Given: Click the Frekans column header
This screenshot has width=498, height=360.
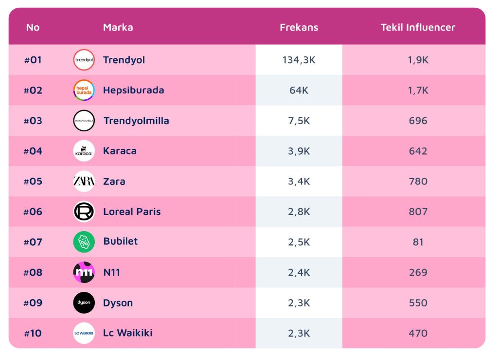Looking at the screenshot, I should [x=299, y=27].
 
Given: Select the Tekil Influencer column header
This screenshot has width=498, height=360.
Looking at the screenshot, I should [x=418, y=27].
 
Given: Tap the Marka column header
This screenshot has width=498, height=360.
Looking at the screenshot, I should [x=118, y=27].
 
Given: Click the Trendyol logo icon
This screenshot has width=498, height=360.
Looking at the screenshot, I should [x=84, y=60].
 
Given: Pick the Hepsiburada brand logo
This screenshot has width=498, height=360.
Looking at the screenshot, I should [x=84, y=90].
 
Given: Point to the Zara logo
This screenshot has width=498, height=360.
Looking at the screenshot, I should [x=84, y=181].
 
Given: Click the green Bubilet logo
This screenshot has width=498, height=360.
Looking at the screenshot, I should [x=84, y=242].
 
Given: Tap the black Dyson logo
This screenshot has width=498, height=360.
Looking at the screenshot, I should [x=84, y=303].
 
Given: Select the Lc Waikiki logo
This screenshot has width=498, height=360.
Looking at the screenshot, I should [x=84, y=333].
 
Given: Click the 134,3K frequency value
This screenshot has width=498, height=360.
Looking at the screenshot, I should [x=299, y=60].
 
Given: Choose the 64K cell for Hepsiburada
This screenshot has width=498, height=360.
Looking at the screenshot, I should [x=299, y=90].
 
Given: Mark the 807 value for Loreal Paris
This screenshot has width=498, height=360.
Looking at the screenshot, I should [x=418, y=212].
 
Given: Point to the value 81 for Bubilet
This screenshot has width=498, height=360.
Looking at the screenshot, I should [x=418, y=242].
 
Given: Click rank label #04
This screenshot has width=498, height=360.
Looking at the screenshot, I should [x=33, y=151].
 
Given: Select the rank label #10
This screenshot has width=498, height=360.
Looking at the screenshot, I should [x=33, y=333].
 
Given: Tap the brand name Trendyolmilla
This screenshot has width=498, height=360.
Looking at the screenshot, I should [x=136, y=121].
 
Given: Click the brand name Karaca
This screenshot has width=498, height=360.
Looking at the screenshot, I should [x=120, y=151].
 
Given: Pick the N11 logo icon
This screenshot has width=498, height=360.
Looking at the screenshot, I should [x=84, y=272].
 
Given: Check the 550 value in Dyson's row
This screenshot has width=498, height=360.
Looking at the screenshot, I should [x=418, y=303].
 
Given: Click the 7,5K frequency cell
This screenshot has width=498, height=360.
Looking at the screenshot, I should [x=299, y=121].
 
